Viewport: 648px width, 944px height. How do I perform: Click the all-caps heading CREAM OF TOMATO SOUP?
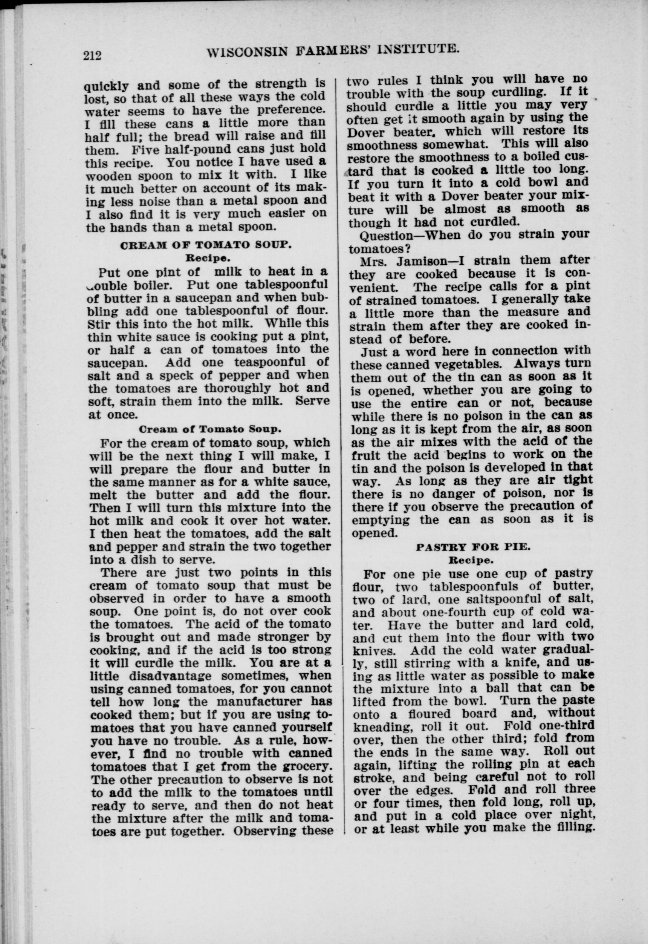206,245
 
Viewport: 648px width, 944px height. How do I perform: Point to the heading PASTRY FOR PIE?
473,547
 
